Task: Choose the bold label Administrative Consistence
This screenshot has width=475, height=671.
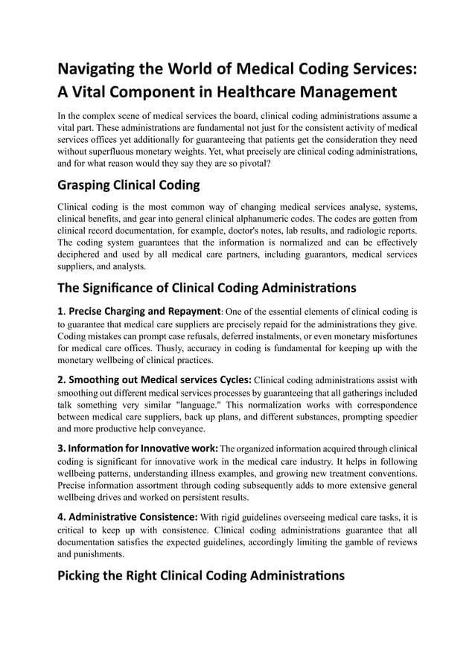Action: (127, 516)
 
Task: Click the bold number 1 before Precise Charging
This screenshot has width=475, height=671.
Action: (60, 311)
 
